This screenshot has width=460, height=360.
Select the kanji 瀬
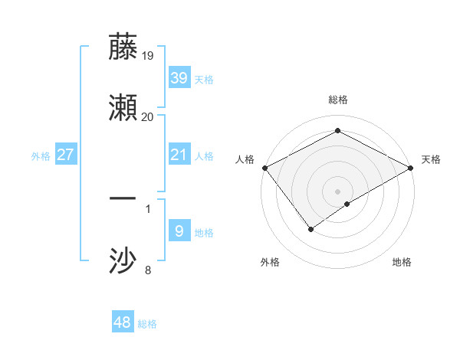tap(123, 108)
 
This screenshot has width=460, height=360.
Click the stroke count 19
tap(148, 55)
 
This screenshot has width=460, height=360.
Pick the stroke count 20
tap(148, 116)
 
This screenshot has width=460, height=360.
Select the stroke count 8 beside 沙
tap(148, 270)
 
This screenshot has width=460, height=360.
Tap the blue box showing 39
tap(179, 78)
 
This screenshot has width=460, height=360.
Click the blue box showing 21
tap(179, 155)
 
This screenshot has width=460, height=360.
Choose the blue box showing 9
tap(179, 231)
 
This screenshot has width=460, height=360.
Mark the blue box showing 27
tap(66, 155)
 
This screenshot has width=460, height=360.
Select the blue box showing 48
tap(123, 322)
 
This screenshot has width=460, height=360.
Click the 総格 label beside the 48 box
tap(147, 324)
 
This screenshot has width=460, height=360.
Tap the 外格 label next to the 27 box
tap(41, 156)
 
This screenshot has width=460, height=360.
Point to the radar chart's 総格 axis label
tap(338, 100)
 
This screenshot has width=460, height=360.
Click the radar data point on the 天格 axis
tap(412, 168)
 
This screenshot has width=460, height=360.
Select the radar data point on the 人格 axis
tap(264, 168)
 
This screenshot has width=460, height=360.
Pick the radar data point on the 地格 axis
tap(347, 204)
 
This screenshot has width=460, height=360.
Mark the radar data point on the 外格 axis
tap(311, 228)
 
